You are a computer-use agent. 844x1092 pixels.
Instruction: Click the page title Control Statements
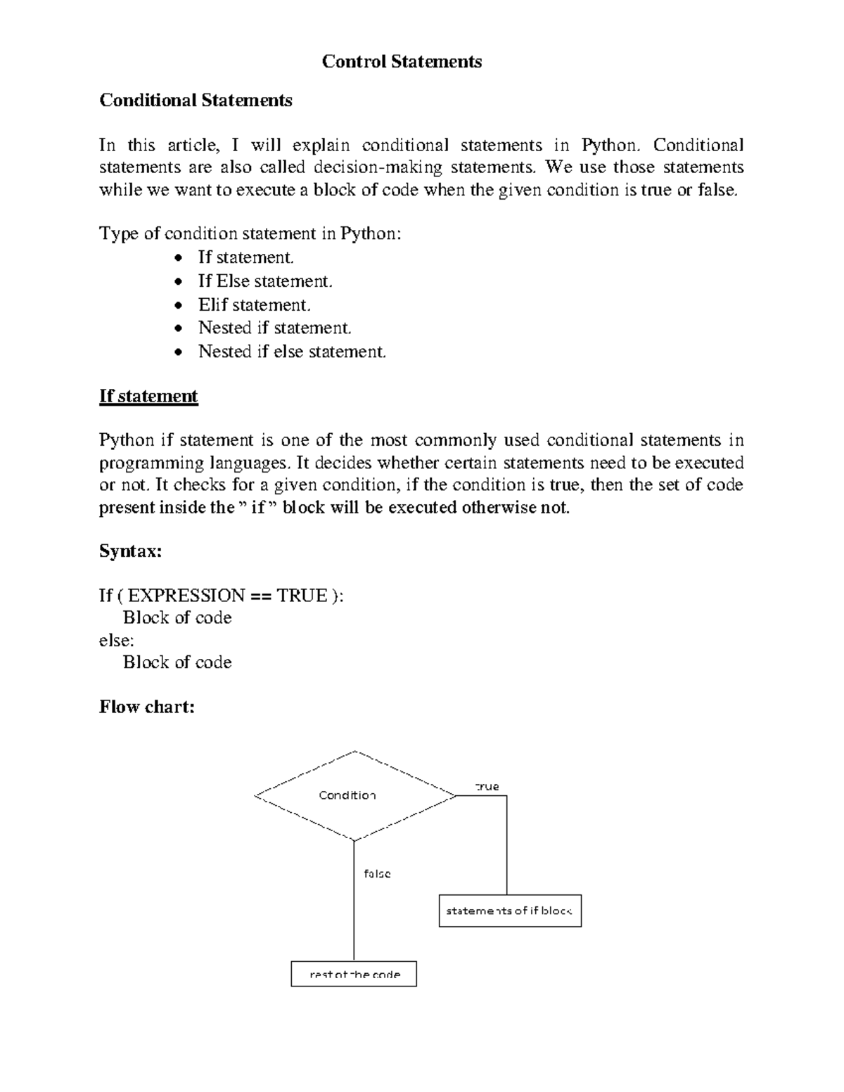click(x=402, y=62)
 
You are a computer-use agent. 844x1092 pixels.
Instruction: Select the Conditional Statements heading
click(x=196, y=101)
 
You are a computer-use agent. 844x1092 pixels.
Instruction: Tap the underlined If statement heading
click(x=148, y=397)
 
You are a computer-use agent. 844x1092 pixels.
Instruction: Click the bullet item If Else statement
click(x=264, y=281)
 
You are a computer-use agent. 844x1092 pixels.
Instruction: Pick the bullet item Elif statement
click(x=254, y=305)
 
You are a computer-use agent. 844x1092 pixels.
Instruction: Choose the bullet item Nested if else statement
click(x=292, y=352)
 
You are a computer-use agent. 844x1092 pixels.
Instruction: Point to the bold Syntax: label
click(x=130, y=551)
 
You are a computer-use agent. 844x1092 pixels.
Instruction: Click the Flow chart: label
click(x=146, y=707)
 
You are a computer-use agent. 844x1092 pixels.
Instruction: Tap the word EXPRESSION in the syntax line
click(x=186, y=596)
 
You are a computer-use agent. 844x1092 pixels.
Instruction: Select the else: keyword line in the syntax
click(x=116, y=641)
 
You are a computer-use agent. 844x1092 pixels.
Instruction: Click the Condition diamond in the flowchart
click(x=354, y=795)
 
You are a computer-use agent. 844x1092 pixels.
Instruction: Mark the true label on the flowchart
click(x=487, y=787)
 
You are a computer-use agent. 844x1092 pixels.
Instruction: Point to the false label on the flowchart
click(x=377, y=874)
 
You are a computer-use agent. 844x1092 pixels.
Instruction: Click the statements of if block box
click(x=510, y=911)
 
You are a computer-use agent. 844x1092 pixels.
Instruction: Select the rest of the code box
click(x=354, y=975)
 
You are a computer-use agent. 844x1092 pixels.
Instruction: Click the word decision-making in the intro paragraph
click(x=378, y=168)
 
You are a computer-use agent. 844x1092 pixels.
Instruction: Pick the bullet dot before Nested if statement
click(x=181, y=328)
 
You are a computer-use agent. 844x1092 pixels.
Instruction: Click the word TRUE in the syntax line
click(x=302, y=596)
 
